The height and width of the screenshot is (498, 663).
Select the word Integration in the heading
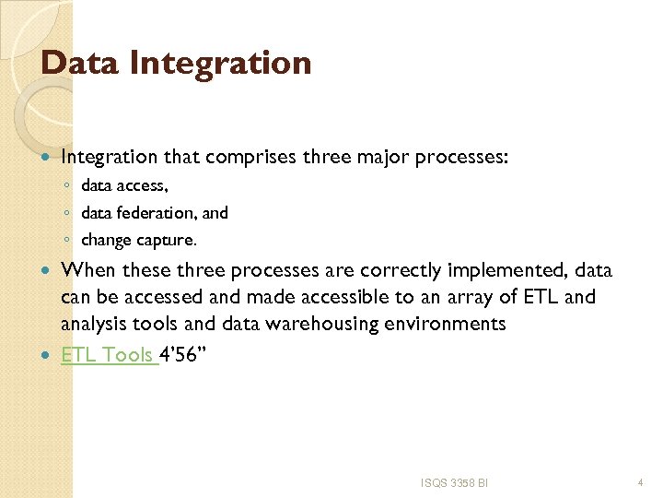click(220, 63)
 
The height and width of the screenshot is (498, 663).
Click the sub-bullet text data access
click(124, 186)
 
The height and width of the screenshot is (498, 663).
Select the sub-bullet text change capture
click(139, 240)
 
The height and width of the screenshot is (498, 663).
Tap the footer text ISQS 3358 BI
click(454, 482)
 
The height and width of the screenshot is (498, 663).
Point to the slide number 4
click(640, 482)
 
